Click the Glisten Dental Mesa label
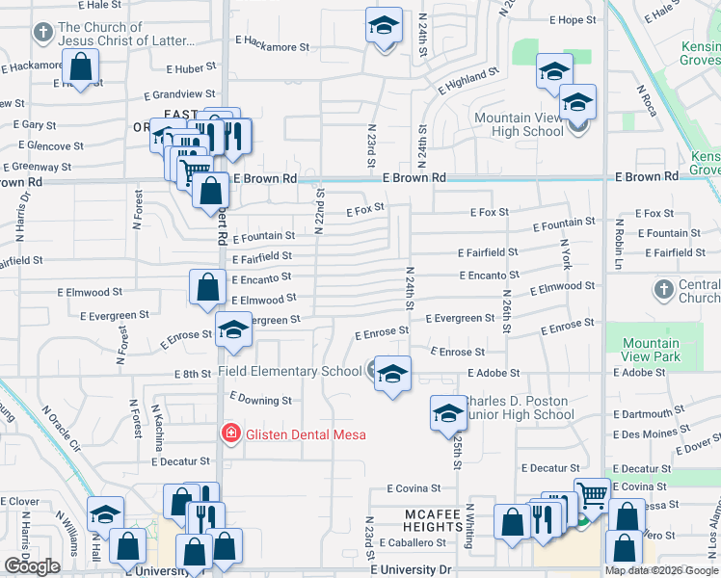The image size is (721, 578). coord(292,434)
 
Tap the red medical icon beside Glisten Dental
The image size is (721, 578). coord(230,434)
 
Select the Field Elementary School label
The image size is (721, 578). coord(289,371)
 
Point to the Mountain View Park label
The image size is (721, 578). coord(651,351)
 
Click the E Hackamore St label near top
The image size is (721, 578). coord(270,45)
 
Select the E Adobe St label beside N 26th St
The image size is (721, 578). coord(494,373)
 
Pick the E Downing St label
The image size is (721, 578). coord(260,400)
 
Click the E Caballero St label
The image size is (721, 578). coord(415,543)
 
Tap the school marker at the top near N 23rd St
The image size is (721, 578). coord(384,26)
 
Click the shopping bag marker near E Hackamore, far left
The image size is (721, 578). coord(82,68)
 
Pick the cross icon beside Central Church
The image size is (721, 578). coord(663,289)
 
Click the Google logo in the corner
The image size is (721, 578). coord(32,566)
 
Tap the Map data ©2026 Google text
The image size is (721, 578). coord(661,570)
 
